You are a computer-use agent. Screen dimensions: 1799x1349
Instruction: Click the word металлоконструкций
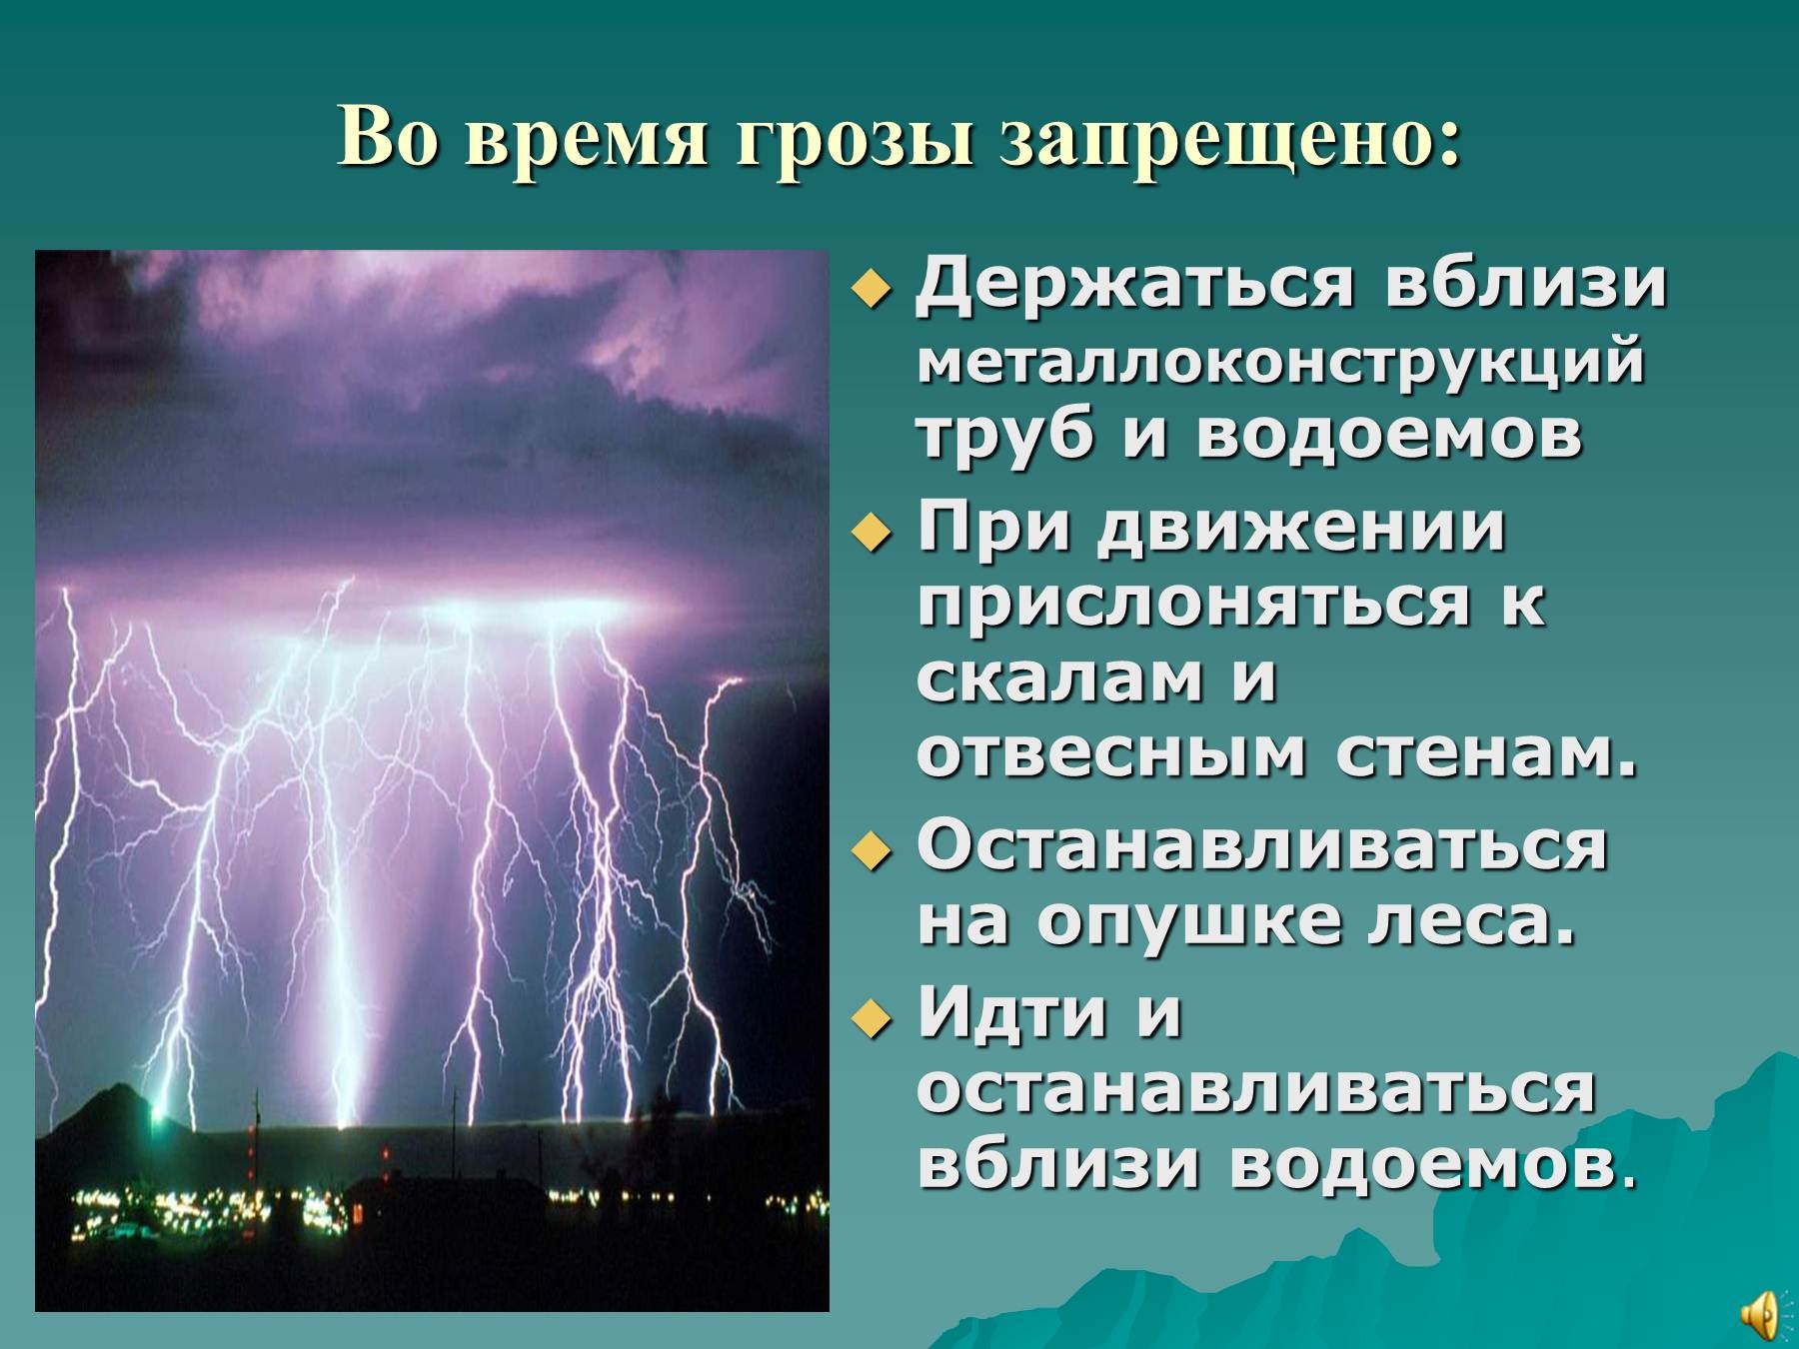(x=1280, y=362)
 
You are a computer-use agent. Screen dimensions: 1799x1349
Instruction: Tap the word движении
(x=1300, y=529)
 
